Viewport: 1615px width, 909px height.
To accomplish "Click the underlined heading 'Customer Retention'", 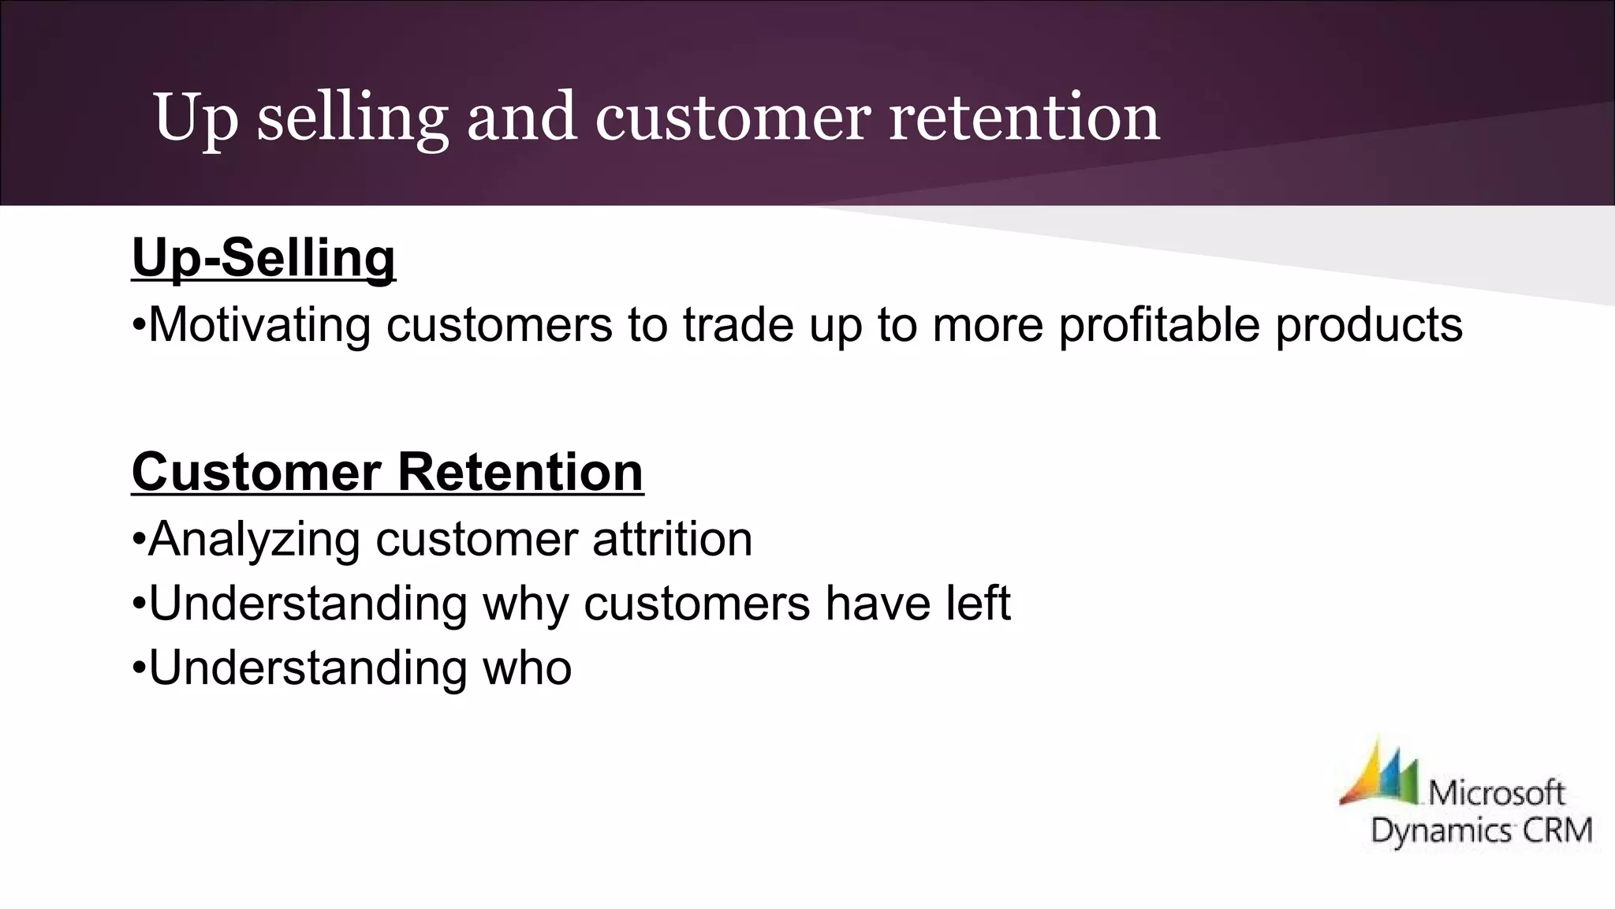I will [387, 472].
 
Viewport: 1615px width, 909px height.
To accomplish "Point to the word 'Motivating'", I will [259, 324].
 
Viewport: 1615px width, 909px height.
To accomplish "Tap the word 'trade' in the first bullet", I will [738, 324].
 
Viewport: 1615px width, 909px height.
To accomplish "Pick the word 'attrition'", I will [672, 539].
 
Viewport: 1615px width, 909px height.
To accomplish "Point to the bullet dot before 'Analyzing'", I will [139, 541].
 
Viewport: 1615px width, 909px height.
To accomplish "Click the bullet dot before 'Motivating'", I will [139, 326].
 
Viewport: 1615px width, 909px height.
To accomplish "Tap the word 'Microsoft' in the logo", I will [1496, 792].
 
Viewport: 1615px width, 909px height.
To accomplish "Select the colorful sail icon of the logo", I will [1378, 773].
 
